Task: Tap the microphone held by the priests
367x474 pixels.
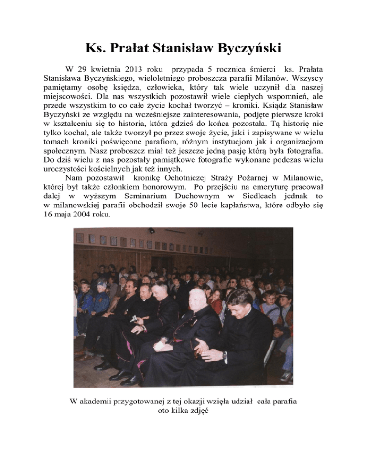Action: (x=134, y=319)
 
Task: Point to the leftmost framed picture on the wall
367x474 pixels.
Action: (x=80, y=237)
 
